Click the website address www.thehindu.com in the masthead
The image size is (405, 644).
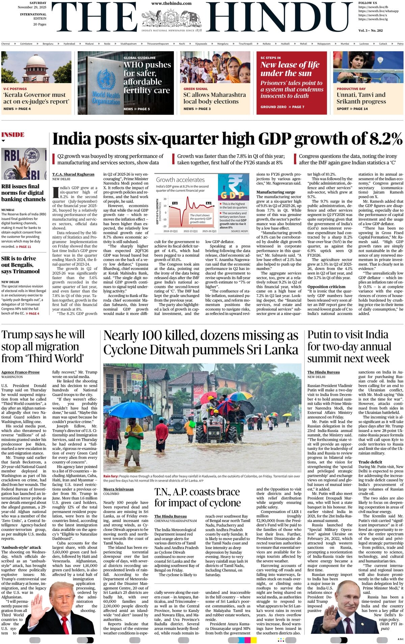(x=171, y=3)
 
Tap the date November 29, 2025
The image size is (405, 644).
(x=32, y=7)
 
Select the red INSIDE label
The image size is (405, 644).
(x=13, y=135)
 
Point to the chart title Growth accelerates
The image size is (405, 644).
(x=180, y=180)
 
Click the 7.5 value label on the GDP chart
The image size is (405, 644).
(x=175, y=203)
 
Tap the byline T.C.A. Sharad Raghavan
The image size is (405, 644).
(x=73, y=174)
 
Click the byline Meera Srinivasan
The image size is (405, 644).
(x=118, y=489)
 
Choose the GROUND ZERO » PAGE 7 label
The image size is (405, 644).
(x=282, y=107)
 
